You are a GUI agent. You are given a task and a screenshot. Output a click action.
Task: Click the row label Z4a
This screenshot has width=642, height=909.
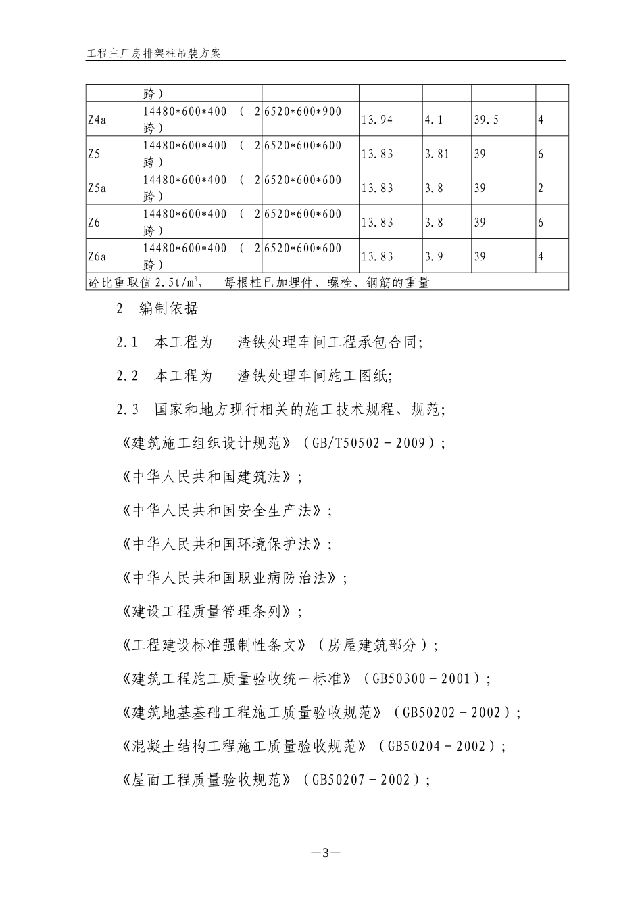pos(97,120)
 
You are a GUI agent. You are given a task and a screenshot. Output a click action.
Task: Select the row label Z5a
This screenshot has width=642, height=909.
pos(97,188)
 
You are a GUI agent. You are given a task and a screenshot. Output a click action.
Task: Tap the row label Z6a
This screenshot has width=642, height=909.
pos(97,256)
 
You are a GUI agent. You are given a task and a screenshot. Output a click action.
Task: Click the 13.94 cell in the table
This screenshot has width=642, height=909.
pos(377,120)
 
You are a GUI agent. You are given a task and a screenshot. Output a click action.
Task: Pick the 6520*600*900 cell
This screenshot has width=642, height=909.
pos(303,112)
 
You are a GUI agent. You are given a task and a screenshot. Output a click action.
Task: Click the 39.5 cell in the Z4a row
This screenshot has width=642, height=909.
pos(486,120)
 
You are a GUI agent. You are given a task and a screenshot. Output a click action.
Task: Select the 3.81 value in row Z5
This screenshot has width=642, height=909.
pos(437,154)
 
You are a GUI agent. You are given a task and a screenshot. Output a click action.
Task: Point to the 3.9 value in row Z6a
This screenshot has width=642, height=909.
pos(434,256)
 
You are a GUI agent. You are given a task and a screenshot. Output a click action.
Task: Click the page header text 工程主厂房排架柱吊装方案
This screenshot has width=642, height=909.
pos(153,53)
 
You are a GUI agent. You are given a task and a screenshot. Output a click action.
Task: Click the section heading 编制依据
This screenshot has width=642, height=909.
pos(169,308)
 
